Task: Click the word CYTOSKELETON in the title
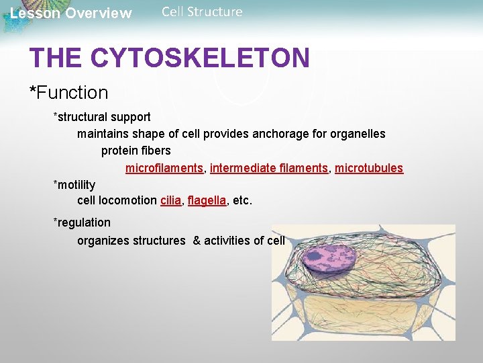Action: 200,58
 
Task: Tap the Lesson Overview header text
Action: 71,13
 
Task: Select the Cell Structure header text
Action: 202,12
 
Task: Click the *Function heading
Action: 68,92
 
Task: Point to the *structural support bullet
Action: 102,117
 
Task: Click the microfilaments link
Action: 164,168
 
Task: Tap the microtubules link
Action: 369,168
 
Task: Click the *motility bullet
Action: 74,185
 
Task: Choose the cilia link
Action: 170,200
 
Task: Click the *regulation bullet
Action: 82,223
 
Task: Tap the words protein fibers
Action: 136,151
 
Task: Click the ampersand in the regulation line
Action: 197,241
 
